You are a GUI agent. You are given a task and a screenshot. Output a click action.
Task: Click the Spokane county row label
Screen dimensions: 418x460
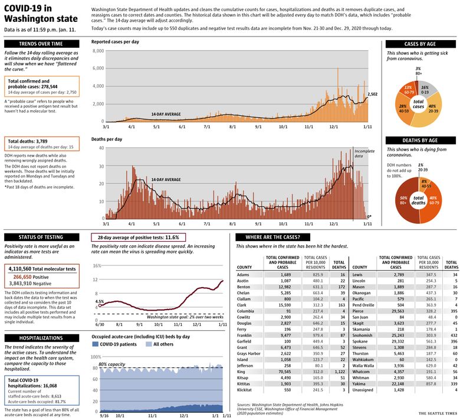tap(360, 341)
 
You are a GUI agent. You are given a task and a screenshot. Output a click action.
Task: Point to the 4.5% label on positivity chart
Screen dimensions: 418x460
tap(100, 302)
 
